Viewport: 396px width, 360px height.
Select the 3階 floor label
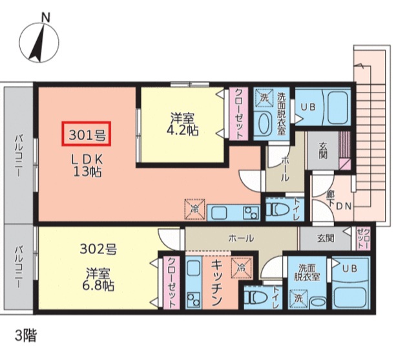click(27, 335)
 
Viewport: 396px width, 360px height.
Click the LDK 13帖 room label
click(85, 165)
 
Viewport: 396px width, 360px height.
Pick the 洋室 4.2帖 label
click(184, 124)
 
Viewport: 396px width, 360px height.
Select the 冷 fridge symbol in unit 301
click(194, 209)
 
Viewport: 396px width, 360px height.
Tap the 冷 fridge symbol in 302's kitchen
click(239, 266)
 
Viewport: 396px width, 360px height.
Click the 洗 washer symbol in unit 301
click(264, 98)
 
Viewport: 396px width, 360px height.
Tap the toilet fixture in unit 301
click(277, 209)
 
